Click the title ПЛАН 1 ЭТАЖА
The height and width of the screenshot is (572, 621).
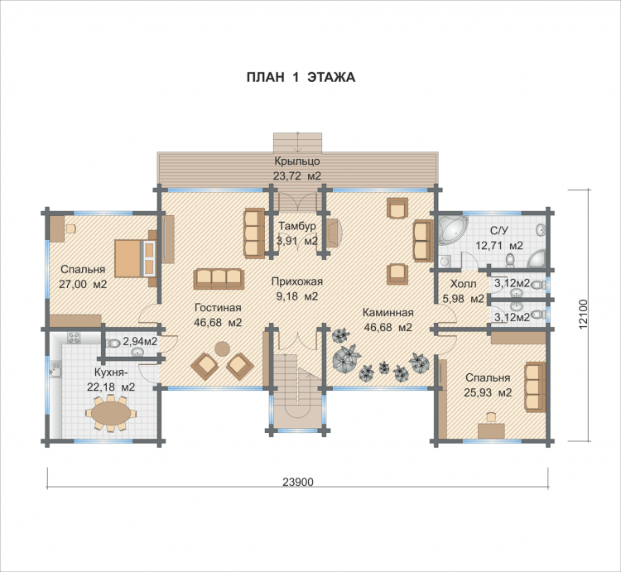[301, 77]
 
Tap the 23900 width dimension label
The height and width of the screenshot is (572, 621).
[298, 482]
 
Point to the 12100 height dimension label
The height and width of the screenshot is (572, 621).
[583, 315]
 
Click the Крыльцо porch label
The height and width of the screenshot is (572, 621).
[297, 161]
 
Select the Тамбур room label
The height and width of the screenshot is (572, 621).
[297, 226]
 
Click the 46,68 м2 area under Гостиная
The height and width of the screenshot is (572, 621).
[218, 323]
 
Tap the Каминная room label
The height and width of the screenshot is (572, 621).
[388, 313]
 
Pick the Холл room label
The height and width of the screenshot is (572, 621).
[464, 284]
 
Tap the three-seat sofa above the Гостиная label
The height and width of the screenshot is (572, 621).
[219, 279]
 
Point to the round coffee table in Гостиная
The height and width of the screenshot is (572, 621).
[222, 348]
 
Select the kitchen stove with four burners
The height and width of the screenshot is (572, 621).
[74, 338]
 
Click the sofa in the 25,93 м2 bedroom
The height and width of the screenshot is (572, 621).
[534, 387]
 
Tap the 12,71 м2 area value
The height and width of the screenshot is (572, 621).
[499, 246]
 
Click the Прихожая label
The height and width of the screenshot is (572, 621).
[297, 281]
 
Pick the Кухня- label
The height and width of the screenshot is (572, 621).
[111, 373]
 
